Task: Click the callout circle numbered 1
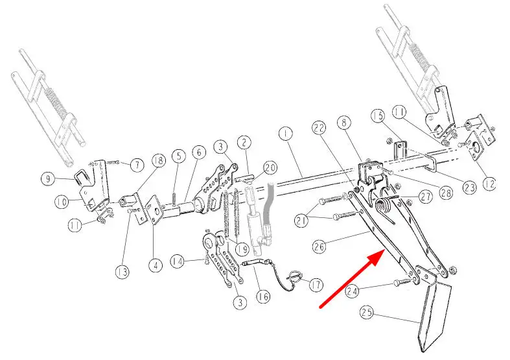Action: coord(286,134)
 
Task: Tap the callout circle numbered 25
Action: coord(367,313)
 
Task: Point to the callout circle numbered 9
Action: coord(49,179)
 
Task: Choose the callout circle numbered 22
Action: coord(319,128)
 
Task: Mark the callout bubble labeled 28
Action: coord(446,193)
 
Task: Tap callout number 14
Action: coord(178,261)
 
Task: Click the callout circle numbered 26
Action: coord(319,246)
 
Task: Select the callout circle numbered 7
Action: coord(137,165)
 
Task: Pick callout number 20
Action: coord(270,168)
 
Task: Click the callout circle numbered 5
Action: coord(179,156)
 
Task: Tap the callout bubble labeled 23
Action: coord(470,187)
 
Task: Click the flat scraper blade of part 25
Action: coord(435,317)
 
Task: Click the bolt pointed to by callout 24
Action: coord(402,282)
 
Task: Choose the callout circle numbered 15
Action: coord(378,116)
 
